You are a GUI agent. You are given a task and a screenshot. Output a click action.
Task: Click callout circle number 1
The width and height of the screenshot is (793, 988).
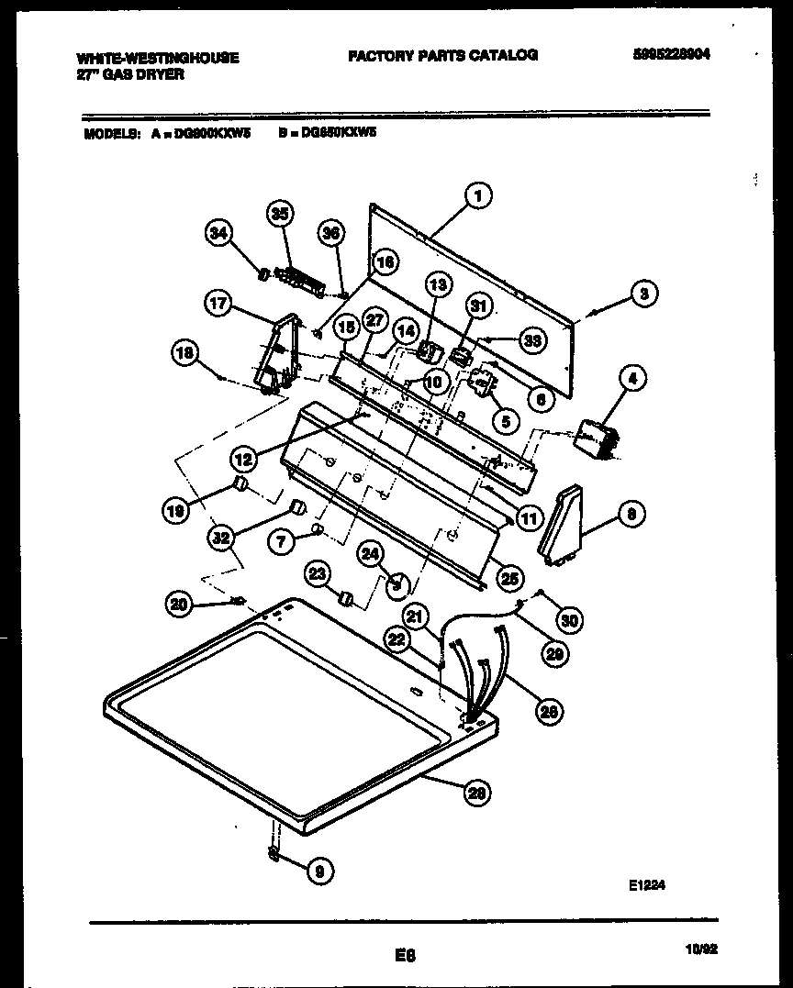click(x=476, y=194)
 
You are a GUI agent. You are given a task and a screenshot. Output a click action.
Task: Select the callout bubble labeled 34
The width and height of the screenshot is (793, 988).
click(x=217, y=233)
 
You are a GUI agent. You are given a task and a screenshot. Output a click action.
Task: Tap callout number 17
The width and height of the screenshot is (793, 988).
click(x=218, y=305)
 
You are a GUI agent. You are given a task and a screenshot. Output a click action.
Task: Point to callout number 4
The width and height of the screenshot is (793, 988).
click(x=632, y=376)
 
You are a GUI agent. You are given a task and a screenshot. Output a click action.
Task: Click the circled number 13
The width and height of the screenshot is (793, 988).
click(x=438, y=285)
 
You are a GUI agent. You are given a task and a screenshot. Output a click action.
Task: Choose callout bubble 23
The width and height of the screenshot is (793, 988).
click(x=317, y=574)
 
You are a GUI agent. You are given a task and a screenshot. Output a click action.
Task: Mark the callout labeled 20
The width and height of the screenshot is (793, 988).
click(x=181, y=603)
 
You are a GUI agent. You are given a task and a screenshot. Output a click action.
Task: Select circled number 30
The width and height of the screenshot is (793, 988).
click(x=569, y=620)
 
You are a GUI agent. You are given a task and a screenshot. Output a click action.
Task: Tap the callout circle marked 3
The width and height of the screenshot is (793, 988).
click(x=643, y=294)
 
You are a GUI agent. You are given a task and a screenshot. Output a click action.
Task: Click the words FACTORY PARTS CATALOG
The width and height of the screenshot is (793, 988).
click(x=441, y=55)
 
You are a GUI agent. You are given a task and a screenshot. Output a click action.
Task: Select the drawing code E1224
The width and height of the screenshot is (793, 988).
click(x=646, y=885)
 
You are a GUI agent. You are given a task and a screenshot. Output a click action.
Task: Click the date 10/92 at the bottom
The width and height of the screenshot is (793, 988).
click(x=701, y=950)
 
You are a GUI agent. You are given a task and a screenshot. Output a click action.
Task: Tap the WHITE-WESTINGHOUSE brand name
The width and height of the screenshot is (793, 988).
click(x=158, y=58)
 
